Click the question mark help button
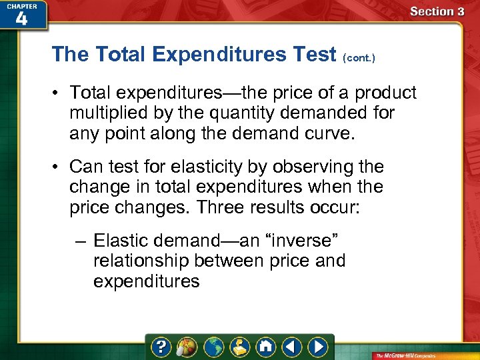pyautogui.click(x=161, y=347)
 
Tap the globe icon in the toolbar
pyautogui.click(x=213, y=347)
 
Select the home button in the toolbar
pyautogui.click(x=266, y=347)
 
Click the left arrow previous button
pyautogui.click(x=292, y=347)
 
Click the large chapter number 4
pyautogui.click(x=21, y=18)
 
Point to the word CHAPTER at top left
pyautogui.click(x=21, y=5)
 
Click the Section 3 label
pyautogui.click(x=437, y=11)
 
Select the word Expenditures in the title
pyautogui.click(x=215, y=54)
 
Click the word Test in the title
pyautogui.click(x=311, y=54)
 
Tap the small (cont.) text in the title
pyautogui.click(x=359, y=58)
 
